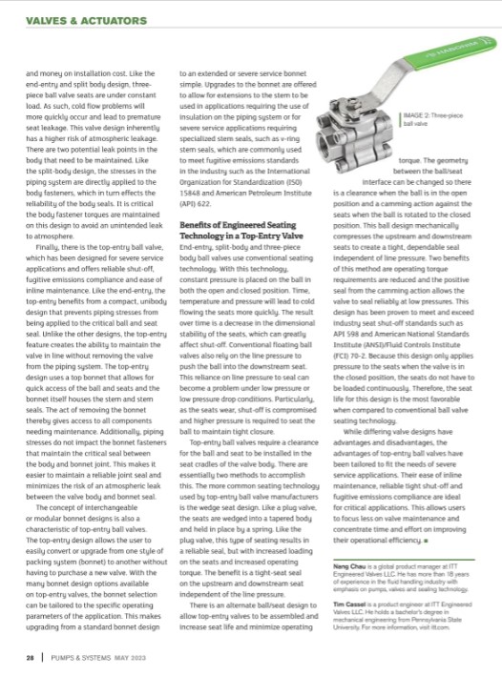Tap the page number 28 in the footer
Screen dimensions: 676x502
(x=31, y=658)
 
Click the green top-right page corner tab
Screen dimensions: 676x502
(x=490, y=45)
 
